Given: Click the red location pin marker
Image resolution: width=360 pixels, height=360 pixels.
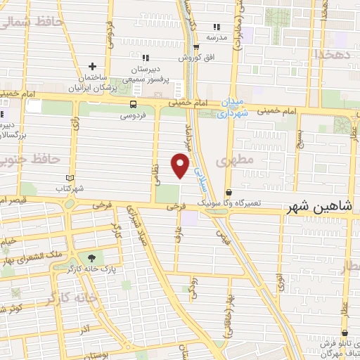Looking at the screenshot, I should coord(181,166).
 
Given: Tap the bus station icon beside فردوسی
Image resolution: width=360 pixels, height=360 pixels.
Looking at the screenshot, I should coord(132,104).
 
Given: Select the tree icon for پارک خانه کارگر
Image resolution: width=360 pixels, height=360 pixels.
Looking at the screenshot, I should coord(91,258).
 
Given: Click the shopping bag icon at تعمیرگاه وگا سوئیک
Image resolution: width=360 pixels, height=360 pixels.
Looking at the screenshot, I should coord(229,193).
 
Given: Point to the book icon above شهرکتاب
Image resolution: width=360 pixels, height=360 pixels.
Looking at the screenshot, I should coord(69,178).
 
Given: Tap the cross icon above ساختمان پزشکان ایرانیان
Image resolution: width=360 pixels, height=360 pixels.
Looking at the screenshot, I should coord(91,66).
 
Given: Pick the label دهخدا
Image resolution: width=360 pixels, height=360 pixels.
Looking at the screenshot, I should coord(330,53).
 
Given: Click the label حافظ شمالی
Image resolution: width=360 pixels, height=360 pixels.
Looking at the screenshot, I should coord(32,22).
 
